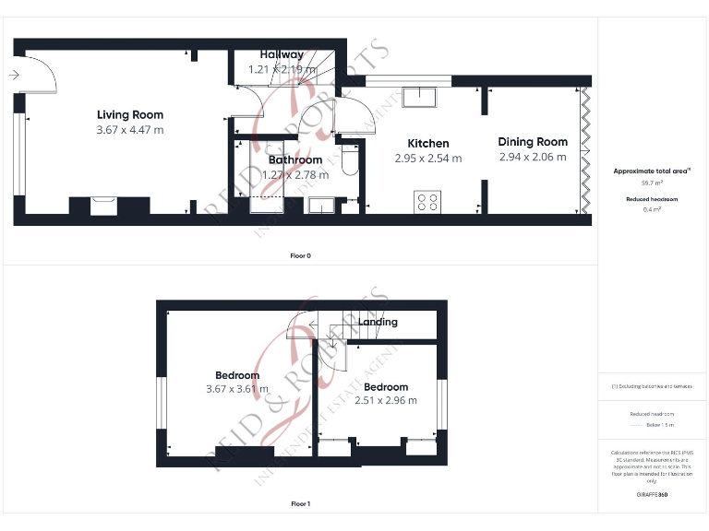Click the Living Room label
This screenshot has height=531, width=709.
click(x=130, y=115)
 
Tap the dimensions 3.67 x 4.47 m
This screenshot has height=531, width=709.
click(x=130, y=130)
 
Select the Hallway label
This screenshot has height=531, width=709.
click(x=282, y=55)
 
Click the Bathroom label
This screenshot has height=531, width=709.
click(x=295, y=160)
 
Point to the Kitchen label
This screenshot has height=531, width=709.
click(x=428, y=144)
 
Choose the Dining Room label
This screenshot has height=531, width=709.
click(x=533, y=142)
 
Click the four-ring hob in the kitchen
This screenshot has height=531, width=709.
click(x=428, y=201)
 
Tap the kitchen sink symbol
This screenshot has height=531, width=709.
click(x=426, y=97)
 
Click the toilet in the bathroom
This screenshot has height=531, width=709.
click(x=348, y=163)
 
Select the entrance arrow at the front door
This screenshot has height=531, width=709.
click(x=13, y=76)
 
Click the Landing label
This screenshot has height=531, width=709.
click(x=378, y=322)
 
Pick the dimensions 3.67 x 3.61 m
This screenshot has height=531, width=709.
click(x=237, y=389)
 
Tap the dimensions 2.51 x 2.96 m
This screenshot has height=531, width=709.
click(x=385, y=400)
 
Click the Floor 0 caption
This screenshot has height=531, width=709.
click(x=301, y=255)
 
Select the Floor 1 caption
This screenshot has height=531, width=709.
click(x=301, y=504)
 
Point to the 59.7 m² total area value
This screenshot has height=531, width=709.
click(x=652, y=184)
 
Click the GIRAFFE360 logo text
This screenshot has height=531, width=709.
click(x=652, y=495)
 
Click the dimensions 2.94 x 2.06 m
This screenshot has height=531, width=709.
click(x=533, y=157)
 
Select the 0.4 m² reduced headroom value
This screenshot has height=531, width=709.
click(x=652, y=209)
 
